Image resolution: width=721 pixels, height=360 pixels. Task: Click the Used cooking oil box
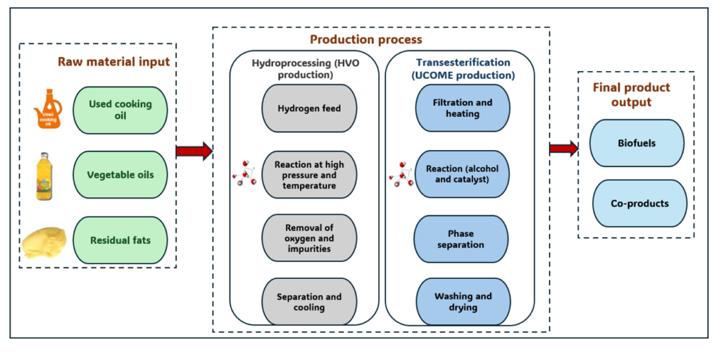coord(120,109)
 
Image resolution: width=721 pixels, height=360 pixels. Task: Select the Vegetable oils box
coord(120,174)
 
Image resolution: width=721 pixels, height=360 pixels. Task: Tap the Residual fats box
coord(120,240)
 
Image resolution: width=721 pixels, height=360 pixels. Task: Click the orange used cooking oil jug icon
coord(48,109)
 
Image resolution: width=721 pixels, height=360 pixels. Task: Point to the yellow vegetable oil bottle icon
coord(46,175)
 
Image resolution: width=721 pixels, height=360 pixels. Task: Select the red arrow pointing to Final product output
coord(563,148)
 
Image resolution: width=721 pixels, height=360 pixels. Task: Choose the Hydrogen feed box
coord(308,108)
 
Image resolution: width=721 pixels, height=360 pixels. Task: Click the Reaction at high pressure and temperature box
coord(308,175)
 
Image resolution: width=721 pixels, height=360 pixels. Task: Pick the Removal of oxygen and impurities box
coord(308,238)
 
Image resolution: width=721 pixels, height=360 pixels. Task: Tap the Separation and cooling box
coord(308,302)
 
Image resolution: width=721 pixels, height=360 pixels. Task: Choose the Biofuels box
coord(637,143)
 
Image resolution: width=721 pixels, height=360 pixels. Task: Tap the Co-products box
coord(637,204)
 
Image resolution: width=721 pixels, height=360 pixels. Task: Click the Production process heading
coord(365,39)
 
